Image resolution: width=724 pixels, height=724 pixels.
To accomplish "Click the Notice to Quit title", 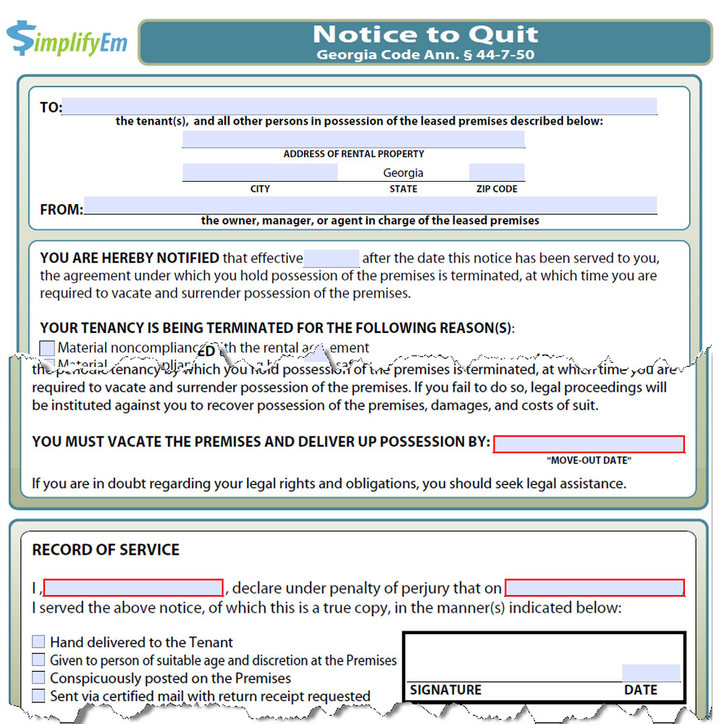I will (x=425, y=34).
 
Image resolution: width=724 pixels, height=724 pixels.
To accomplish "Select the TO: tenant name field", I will (x=359, y=107).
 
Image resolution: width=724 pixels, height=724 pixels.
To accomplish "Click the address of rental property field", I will (x=353, y=139).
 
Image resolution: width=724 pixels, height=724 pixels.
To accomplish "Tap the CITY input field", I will (x=260, y=172).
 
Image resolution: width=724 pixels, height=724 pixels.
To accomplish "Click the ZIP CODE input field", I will (x=496, y=172).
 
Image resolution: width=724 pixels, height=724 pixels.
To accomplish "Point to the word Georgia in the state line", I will (x=403, y=173).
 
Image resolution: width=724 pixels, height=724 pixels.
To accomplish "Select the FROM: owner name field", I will (x=370, y=206).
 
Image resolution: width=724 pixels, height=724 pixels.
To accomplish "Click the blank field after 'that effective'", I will (x=332, y=258).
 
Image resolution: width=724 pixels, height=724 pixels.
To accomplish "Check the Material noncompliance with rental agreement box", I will (x=47, y=348).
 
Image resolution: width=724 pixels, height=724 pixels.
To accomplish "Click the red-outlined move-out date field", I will (x=589, y=444).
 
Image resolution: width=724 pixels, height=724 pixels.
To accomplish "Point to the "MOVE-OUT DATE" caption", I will (x=589, y=460).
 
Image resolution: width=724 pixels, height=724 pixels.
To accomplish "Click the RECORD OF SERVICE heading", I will (x=106, y=550).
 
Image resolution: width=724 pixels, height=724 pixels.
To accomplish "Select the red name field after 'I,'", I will (x=133, y=588).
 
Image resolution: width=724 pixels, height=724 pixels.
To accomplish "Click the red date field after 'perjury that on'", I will (x=594, y=588).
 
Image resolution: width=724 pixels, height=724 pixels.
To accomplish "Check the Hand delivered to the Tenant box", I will (x=38, y=642).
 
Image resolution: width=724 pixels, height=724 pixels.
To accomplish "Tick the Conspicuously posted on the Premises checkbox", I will (x=38, y=678).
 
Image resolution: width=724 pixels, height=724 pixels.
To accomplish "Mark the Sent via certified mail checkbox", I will (x=38, y=696).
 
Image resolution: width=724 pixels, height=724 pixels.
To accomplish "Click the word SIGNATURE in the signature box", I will (x=445, y=690).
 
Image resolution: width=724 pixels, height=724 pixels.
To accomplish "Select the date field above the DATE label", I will (x=651, y=673).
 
